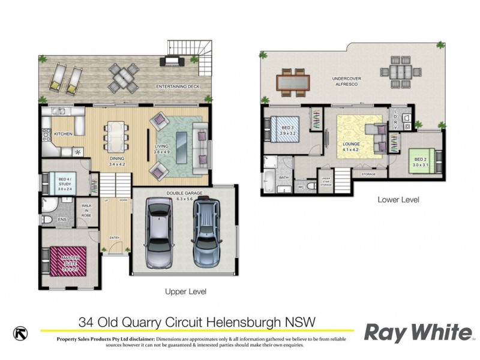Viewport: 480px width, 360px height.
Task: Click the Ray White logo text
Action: [x=418, y=332]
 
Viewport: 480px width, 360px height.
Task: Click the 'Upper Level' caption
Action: [x=185, y=292]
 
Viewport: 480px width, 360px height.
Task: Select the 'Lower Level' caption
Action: [x=398, y=200]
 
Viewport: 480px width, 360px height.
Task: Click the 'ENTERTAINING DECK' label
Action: [x=177, y=87]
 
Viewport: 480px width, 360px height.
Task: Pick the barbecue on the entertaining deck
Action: [x=171, y=59]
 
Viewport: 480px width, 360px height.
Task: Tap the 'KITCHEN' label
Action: [x=63, y=134]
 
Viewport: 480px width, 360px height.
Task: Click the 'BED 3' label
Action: [x=287, y=128]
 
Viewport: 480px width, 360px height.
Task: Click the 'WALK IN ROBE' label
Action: [x=85, y=209]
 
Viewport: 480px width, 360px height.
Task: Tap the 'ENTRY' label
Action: [x=114, y=237]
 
